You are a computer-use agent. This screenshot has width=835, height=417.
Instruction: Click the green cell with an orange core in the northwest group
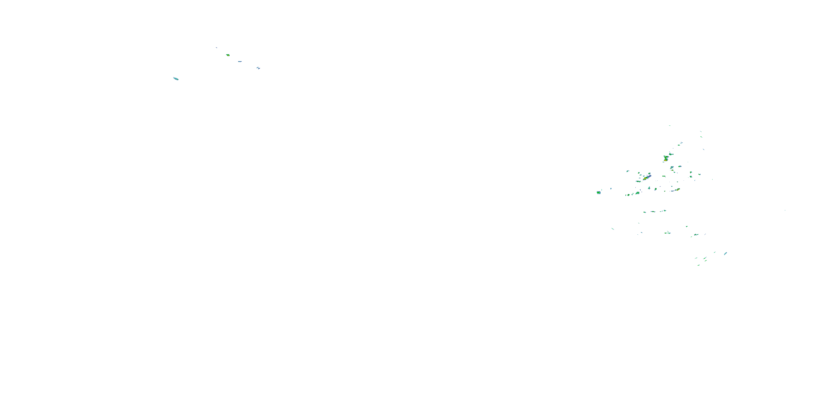point(228,55)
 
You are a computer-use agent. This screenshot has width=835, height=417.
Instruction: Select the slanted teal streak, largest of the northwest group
point(176,79)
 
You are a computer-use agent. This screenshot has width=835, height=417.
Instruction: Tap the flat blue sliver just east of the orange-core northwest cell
point(240,61)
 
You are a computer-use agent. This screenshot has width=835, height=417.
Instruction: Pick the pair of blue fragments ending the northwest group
point(258,68)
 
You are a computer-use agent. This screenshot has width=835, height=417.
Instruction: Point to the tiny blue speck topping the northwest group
point(217,48)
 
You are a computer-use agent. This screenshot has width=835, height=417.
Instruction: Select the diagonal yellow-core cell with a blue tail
point(646,177)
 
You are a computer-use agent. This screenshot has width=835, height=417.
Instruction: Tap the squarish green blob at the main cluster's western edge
point(599,193)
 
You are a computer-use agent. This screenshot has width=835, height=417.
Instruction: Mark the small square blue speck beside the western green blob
point(611,188)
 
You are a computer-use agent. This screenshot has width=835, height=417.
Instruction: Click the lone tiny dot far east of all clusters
point(785,210)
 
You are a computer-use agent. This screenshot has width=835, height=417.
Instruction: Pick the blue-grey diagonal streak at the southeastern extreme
point(725,254)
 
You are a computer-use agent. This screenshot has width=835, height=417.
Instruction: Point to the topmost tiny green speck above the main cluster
point(670,126)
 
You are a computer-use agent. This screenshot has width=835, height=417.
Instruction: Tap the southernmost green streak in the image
point(699,265)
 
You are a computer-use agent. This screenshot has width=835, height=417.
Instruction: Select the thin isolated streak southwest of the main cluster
point(613,229)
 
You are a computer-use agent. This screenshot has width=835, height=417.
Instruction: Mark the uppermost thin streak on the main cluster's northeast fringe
point(701,131)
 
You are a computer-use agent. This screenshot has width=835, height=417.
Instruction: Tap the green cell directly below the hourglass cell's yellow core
point(672,167)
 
